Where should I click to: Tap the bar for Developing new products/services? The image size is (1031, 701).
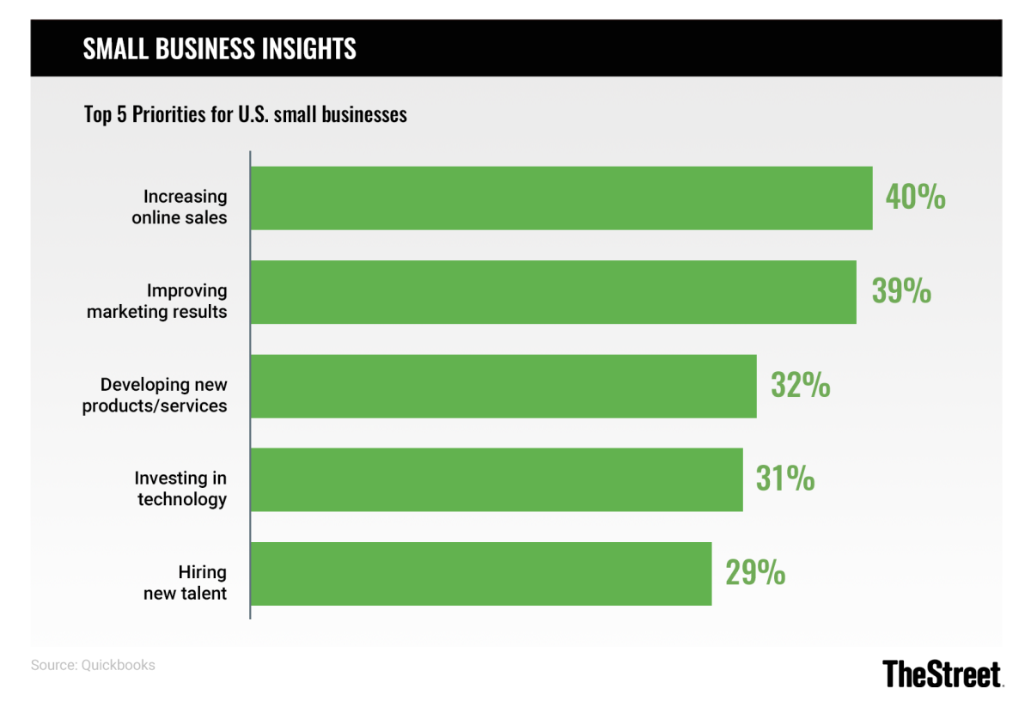tap(503, 386)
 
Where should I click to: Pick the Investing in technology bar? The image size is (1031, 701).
tap(497, 479)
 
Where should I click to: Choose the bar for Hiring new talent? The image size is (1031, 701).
tap(481, 573)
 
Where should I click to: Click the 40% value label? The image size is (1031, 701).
tap(915, 198)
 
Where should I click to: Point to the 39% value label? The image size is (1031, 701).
tap(901, 292)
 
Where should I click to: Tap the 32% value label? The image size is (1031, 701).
tap(801, 386)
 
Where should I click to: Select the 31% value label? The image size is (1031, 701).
tap(785, 479)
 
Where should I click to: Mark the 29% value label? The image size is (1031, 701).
tap(755, 573)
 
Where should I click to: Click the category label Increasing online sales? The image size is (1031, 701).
tap(180, 207)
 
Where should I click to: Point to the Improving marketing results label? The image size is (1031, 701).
tap(157, 301)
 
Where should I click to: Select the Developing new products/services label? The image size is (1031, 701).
tap(156, 394)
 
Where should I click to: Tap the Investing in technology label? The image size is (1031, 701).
tap(181, 488)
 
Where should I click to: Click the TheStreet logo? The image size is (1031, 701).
tap(943, 673)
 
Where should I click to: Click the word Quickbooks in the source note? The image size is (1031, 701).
tap(119, 665)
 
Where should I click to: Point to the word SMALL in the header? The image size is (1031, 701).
tap(114, 49)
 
